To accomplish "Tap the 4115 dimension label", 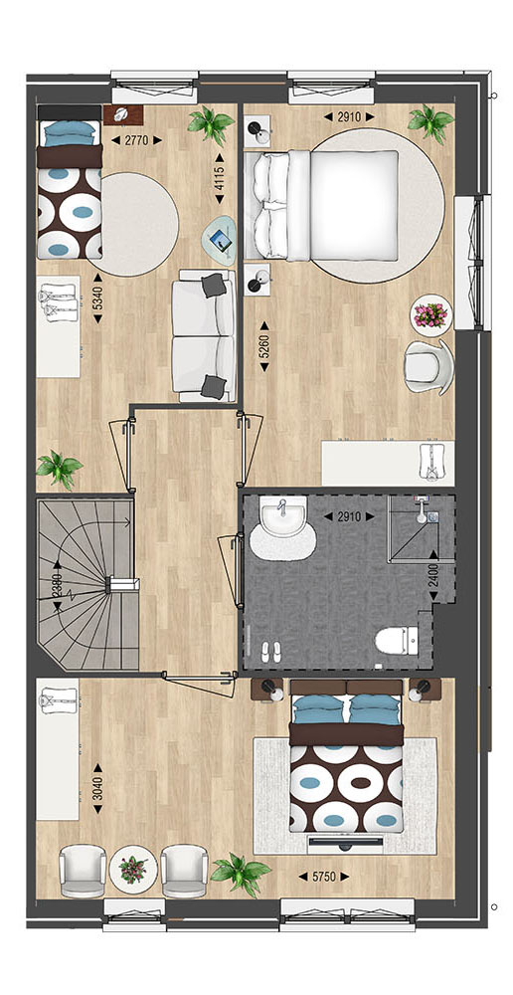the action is (220, 178).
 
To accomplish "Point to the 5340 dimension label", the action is (97, 298).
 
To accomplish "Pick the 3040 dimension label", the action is (97, 789).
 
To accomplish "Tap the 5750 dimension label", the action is (326, 877).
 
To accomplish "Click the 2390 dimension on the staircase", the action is (58, 585).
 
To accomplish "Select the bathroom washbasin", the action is (282, 516).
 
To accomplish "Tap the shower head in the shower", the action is (423, 512).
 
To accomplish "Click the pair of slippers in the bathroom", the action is (271, 653).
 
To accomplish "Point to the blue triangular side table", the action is (219, 239).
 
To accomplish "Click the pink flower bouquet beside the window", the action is (431, 314).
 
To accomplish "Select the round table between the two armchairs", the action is (133, 870).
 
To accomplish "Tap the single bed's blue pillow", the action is (70, 133).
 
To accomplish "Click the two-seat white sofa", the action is (204, 335).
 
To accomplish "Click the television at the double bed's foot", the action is (346, 842).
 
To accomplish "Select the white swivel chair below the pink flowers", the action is (429, 367).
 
